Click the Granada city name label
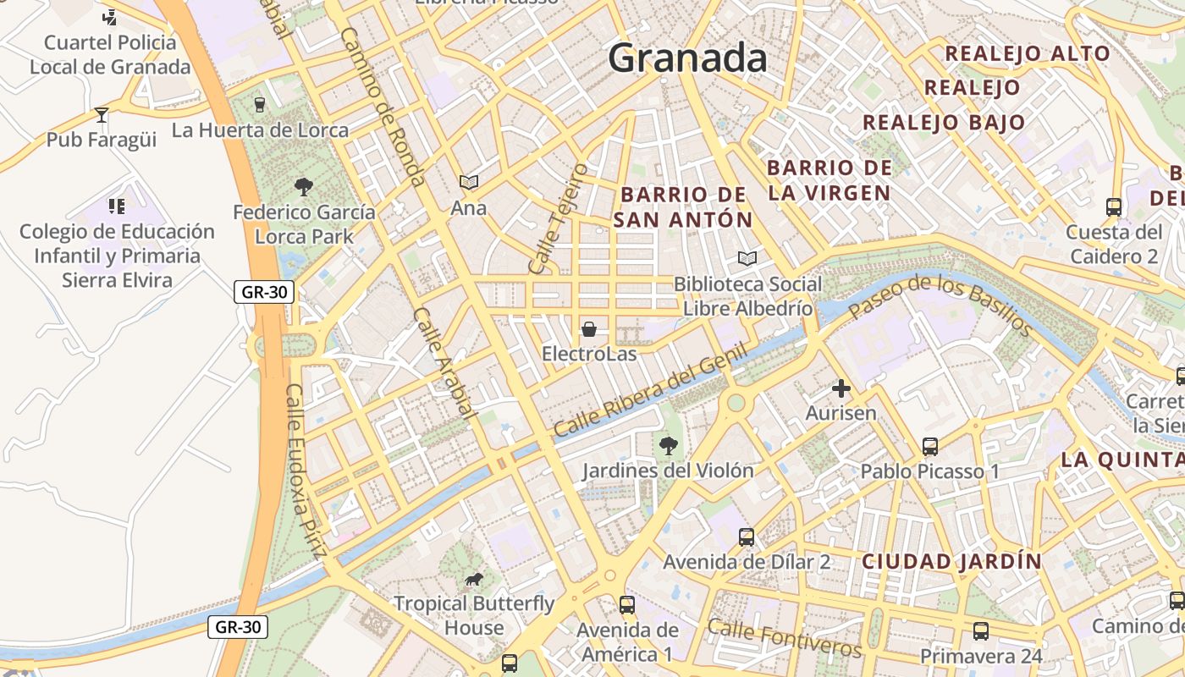[x=687, y=58]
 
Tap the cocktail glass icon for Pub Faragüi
[x=102, y=114]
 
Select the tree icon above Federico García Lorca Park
[x=303, y=186]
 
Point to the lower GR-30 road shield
[x=239, y=627]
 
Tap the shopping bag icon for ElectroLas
[x=589, y=328]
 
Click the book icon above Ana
[x=468, y=182]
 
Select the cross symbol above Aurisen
[x=841, y=388]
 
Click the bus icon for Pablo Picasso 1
[x=929, y=446]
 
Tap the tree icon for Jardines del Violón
[x=668, y=445]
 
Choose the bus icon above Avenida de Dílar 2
[x=746, y=537]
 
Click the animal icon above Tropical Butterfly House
[x=474, y=579]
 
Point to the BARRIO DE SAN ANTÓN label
[x=683, y=207]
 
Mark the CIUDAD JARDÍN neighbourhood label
[x=951, y=561]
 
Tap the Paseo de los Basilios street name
[x=940, y=304]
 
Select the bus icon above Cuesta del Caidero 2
[x=1114, y=206]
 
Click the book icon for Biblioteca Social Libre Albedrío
[x=747, y=258]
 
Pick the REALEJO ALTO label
[x=1027, y=53]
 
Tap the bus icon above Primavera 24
[x=980, y=631]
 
